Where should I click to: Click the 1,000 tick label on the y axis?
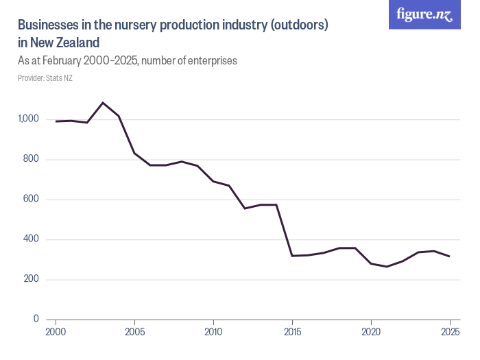click(28, 119)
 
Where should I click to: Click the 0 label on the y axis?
click(36, 319)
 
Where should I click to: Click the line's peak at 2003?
click(103, 103)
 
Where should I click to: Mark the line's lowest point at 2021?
click(387, 267)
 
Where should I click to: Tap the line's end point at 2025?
click(450, 256)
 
